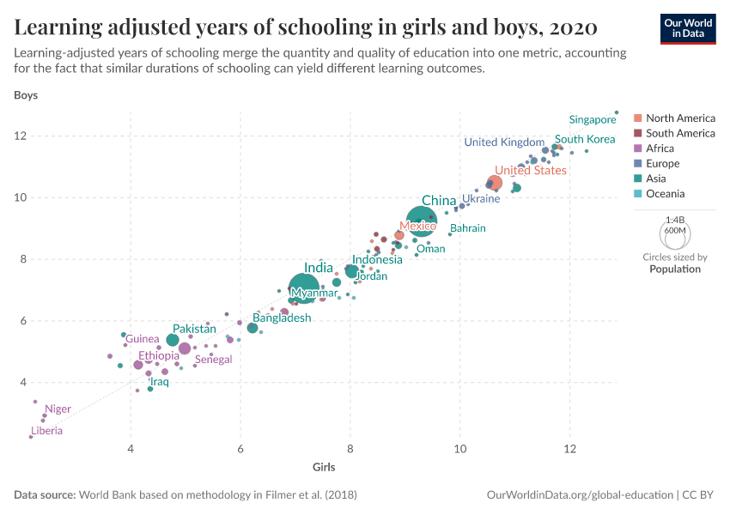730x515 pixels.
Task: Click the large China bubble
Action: pyautogui.click(x=422, y=221)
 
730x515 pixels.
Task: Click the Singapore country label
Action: pyautogui.click(x=593, y=120)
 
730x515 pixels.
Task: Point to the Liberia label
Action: pyautogui.click(x=46, y=431)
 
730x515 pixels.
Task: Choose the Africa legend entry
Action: pyautogui.click(x=660, y=148)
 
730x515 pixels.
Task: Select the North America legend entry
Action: pyautogui.click(x=680, y=118)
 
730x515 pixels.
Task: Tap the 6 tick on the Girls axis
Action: pyautogui.click(x=240, y=449)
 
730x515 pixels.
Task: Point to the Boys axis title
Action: pyautogui.click(x=26, y=95)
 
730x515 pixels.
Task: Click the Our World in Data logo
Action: pyautogui.click(x=688, y=27)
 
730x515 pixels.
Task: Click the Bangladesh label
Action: pyautogui.click(x=282, y=318)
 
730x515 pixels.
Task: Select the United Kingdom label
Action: pyautogui.click(x=504, y=142)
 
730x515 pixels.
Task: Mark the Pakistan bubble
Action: pyautogui.click(x=173, y=340)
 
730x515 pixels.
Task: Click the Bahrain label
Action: pyautogui.click(x=467, y=228)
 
